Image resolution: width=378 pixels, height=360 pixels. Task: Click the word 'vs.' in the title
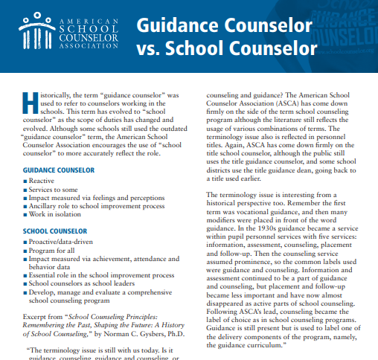click(150, 50)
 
